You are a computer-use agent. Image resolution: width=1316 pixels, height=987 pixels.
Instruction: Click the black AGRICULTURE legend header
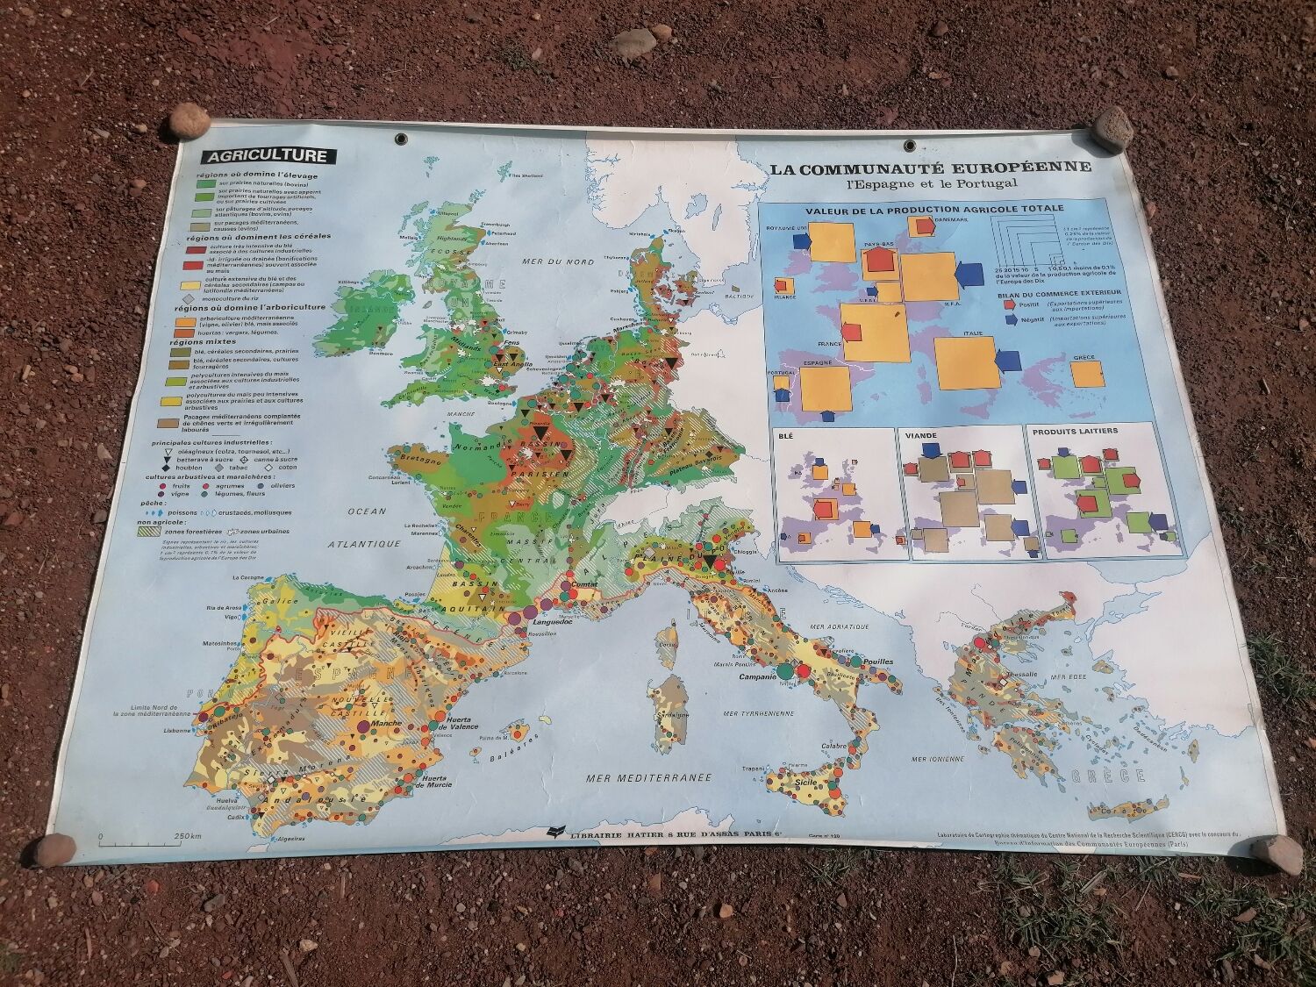pos(268,157)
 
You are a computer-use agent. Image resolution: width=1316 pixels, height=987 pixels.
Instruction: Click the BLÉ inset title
pos(792,433)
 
